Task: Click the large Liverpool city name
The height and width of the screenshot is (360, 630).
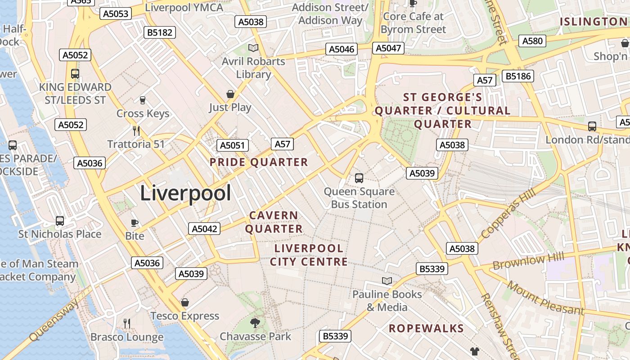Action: pos(185,193)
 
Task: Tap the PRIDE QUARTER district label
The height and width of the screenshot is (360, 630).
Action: pos(259,162)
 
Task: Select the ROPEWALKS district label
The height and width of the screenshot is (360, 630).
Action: pos(426,328)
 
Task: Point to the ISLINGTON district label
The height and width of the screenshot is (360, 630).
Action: pos(593,22)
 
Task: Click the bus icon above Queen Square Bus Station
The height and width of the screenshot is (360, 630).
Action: pos(359,178)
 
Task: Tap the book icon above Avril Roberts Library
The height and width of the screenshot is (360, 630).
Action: pos(253,48)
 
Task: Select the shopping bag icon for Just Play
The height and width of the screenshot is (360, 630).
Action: pos(230,94)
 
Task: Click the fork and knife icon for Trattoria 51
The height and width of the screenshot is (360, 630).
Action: pos(136,131)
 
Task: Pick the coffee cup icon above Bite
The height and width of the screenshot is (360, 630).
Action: pos(134,223)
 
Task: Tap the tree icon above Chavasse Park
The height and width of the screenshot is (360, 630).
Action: pos(255,323)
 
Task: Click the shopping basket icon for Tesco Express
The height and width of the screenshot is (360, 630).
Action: pos(184,302)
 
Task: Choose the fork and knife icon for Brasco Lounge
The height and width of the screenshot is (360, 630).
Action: pos(127,323)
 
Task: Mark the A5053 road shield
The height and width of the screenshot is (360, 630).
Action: pos(116,13)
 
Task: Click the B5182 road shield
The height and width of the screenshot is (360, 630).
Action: pos(159,32)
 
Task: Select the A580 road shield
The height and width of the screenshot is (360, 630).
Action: pos(533,41)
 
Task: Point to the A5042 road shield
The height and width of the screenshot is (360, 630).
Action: pos(204,229)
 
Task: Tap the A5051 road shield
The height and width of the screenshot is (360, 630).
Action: pos(232,145)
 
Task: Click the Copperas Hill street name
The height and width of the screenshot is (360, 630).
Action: pos(508,213)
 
